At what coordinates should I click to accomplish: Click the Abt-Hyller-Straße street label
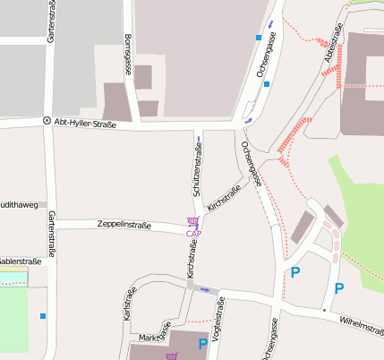85,124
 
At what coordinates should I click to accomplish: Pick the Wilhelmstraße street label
362,327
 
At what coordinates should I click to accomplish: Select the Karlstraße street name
129,304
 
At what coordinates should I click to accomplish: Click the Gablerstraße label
21,261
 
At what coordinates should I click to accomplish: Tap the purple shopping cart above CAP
192,221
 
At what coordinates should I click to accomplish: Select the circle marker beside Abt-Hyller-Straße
47,121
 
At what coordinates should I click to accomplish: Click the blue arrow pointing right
206,289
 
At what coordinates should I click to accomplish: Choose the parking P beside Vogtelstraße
203,343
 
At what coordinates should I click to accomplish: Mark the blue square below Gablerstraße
42,315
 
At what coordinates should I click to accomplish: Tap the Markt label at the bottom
149,337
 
